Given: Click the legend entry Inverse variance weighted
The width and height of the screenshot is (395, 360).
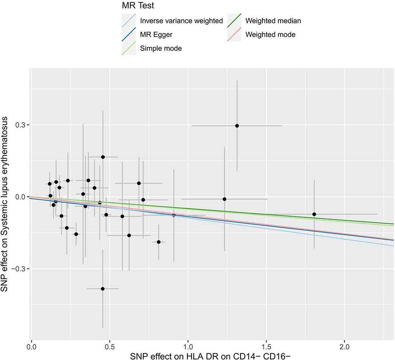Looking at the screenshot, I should point(181,21).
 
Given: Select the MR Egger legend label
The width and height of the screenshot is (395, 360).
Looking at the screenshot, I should point(156,34).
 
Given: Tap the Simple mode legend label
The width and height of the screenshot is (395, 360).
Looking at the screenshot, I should point(161,48).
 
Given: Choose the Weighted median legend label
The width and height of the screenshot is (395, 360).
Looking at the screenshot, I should point(273,21).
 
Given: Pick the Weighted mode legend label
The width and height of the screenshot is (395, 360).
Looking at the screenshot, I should point(270,34).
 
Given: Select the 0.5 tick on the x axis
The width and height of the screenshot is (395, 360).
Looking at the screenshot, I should point(109,346).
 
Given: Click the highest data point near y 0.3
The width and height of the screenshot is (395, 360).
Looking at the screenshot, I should point(237,126).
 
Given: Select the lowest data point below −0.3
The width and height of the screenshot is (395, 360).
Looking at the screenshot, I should point(103,289).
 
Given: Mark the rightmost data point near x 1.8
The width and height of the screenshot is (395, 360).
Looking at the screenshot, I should point(314,214).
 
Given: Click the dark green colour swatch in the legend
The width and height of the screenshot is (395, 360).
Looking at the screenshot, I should point(234,21).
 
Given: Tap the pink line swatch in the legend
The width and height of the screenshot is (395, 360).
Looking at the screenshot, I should point(234,34).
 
